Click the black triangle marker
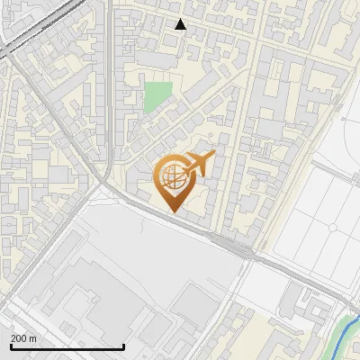pos(181,24)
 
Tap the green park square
pos(158,96)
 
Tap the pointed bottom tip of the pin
pos(174,211)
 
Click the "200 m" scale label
pos(23,338)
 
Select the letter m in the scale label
pos(32,338)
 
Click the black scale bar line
pos(67,346)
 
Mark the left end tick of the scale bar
pos(11,345)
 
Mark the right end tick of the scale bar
pos(123,345)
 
